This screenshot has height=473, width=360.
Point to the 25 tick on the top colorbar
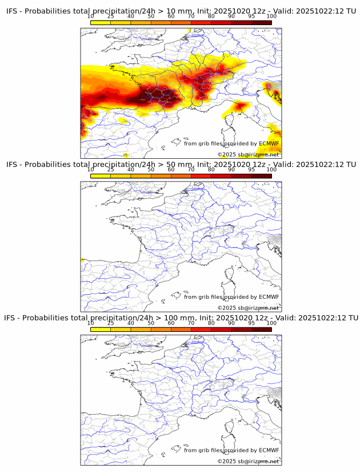click(111, 16)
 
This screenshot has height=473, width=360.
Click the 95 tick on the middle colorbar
click(251, 170)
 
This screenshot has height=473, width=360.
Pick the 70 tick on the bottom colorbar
click(191, 323)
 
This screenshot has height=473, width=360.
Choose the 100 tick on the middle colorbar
click(271, 170)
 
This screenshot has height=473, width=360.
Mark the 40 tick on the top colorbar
click(131, 16)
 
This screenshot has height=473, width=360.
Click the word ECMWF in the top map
click(269, 143)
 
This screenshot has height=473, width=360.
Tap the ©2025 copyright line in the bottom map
click(248, 461)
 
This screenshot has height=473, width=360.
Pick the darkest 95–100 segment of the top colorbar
click(262, 22)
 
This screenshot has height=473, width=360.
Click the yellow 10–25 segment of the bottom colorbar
click(101, 329)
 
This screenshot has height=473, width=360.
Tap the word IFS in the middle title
click(13, 165)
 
